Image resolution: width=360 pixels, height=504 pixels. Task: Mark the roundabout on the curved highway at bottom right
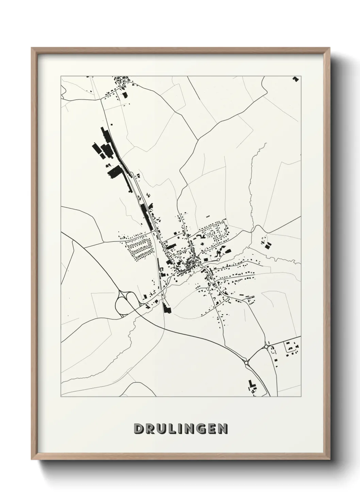[x=246, y=363]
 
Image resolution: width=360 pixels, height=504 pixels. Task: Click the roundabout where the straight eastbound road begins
[x=266, y=347]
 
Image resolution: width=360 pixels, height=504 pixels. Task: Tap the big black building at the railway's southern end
[x=166, y=308]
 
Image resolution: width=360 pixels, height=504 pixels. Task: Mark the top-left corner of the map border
[x=61, y=76]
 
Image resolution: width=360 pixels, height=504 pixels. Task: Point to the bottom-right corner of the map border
[x=301, y=396]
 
